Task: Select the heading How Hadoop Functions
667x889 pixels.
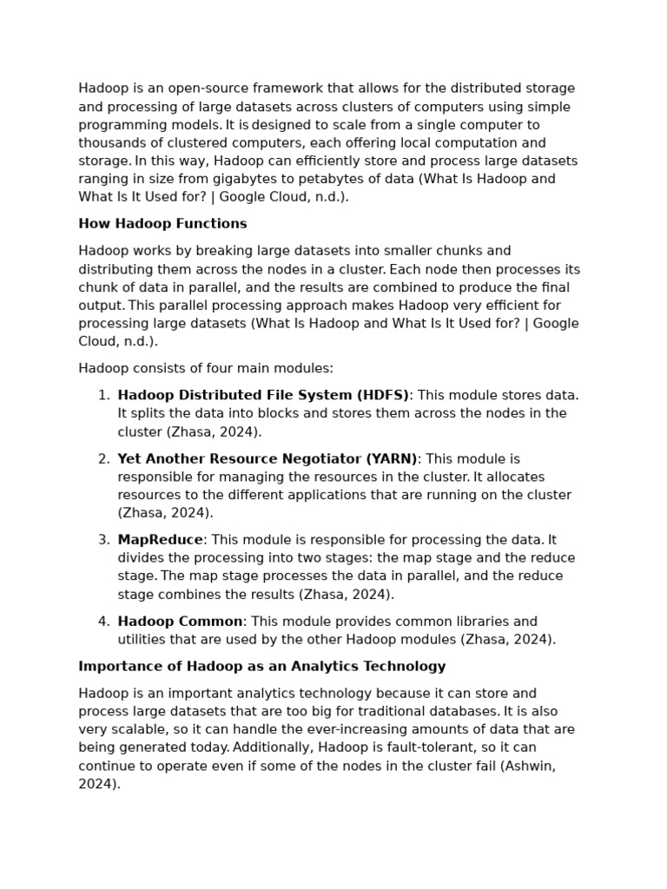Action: [162, 224]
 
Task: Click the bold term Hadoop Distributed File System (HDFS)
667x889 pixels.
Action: [263, 396]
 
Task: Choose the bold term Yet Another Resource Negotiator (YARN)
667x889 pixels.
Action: [267, 459]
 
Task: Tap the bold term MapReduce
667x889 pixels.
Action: [160, 540]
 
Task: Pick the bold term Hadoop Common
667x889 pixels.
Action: [180, 622]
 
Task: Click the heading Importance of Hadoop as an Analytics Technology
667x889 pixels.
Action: [261, 667]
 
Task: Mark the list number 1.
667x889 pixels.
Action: [103, 396]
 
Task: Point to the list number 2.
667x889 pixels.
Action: [103, 459]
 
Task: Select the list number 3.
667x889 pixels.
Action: [103, 540]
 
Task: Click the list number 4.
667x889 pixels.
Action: [103, 622]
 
